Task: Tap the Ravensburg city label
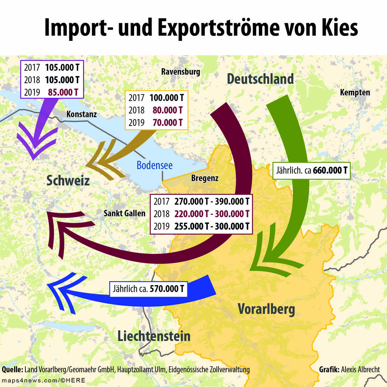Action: (181, 71)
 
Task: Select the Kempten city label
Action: (355, 92)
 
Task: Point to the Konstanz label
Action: (82, 114)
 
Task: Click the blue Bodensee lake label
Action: (155, 165)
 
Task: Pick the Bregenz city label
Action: (205, 178)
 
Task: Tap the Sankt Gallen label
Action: (124, 213)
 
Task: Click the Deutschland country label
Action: (260, 79)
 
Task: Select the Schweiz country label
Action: (68, 180)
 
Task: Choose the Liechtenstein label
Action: (154, 336)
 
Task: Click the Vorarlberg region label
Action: (266, 309)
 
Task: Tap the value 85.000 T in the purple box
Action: (63, 92)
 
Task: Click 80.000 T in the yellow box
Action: (167, 110)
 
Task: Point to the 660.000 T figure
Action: (330, 170)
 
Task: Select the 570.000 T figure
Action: (167, 289)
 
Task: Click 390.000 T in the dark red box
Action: (232, 201)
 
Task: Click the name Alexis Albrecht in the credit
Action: (360, 370)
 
